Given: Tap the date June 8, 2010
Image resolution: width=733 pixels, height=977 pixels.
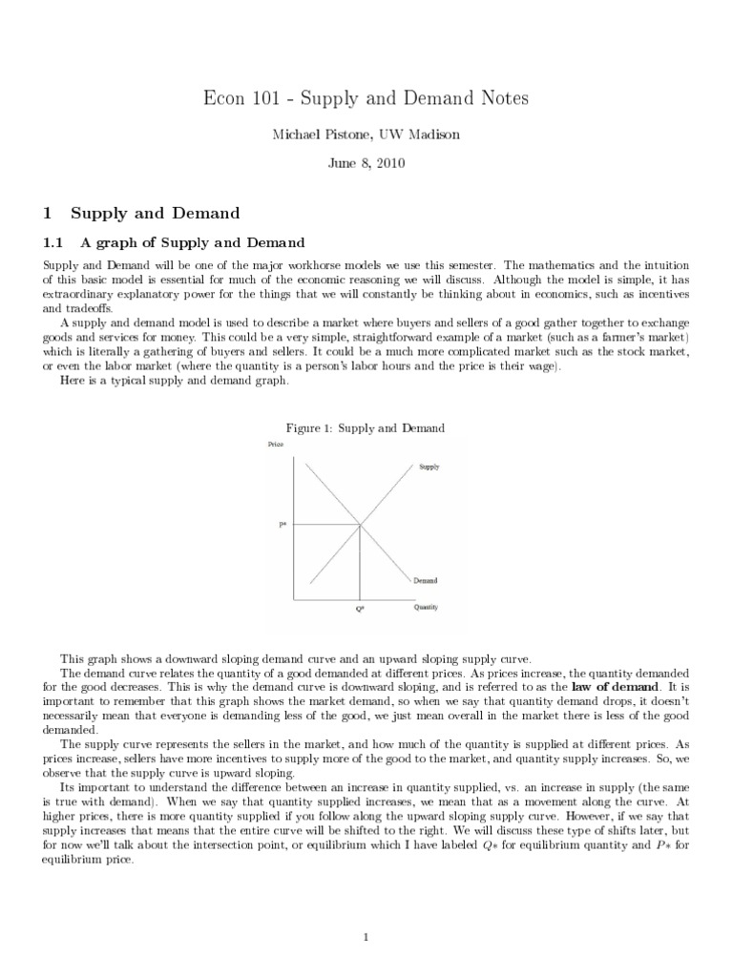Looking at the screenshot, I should (366, 163).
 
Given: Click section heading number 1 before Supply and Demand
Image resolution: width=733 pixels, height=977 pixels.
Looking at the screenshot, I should (49, 213).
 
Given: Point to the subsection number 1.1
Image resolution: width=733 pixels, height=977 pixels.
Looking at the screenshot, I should (53, 242).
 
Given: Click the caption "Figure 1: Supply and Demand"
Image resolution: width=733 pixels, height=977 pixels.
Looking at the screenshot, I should (366, 428).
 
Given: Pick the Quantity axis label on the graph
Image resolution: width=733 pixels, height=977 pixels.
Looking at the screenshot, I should (426, 608).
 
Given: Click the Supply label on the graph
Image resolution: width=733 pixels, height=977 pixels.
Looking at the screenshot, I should (429, 467).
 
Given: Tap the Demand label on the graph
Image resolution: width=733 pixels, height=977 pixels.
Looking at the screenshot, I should (426, 579).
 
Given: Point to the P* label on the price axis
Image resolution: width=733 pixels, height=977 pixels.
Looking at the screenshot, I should (283, 524).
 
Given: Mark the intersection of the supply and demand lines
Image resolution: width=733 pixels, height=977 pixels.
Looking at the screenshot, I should (360, 524).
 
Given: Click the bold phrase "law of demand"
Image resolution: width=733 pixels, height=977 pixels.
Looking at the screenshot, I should (615, 686).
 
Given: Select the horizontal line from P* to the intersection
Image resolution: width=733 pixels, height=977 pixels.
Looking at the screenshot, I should (325, 524).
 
